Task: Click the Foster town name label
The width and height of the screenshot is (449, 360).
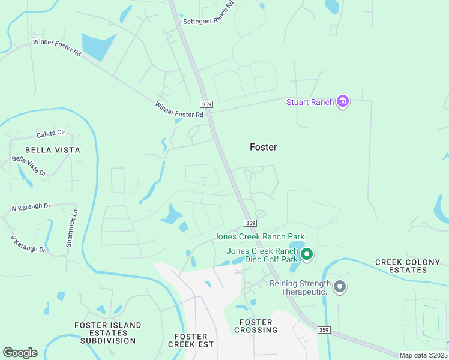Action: click(x=263, y=147)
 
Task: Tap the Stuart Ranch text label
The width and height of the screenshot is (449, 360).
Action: click(x=310, y=102)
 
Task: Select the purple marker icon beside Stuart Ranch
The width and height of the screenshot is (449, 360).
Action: click(x=343, y=101)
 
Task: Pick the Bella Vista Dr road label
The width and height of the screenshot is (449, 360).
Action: click(x=29, y=166)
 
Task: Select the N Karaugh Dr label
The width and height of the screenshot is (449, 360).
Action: click(x=31, y=208)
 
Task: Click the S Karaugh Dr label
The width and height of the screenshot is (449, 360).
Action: click(x=28, y=244)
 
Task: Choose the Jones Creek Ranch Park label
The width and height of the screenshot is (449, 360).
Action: click(x=259, y=236)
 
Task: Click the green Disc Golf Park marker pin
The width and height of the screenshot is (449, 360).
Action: click(x=307, y=255)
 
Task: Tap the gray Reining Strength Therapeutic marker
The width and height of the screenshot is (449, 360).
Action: click(x=340, y=287)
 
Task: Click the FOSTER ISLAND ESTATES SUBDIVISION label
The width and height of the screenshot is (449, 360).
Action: click(x=108, y=333)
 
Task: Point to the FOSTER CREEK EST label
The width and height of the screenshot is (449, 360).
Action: click(x=191, y=340)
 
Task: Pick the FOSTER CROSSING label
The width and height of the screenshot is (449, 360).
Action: click(x=256, y=326)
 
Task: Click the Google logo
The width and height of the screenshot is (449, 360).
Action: click(x=20, y=353)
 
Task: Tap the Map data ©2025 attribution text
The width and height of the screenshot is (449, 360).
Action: click(x=422, y=355)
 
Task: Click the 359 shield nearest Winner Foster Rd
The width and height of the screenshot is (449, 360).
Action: click(x=206, y=104)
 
